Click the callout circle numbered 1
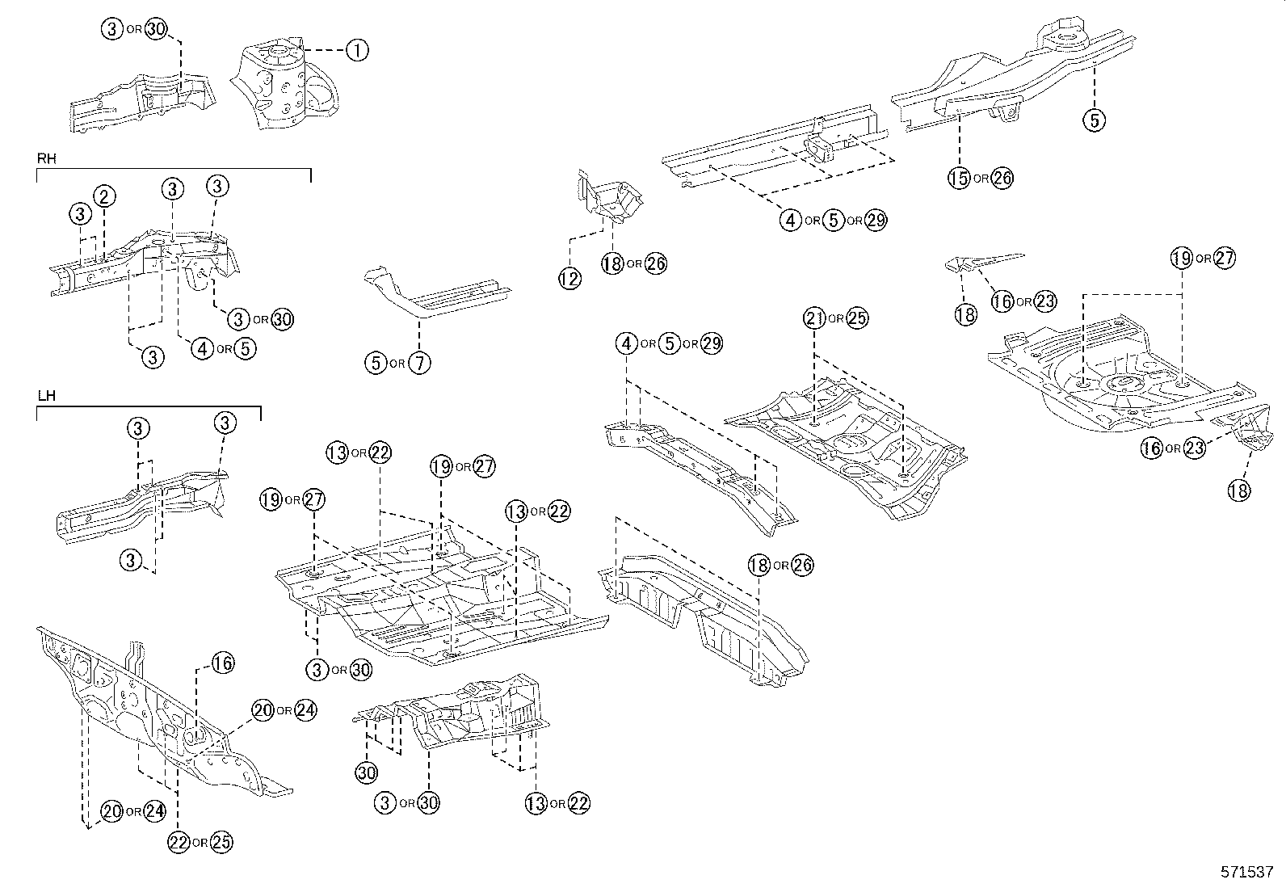[x=356, y=50]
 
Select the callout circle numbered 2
[x=104, y=196]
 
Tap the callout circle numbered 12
[x=569, y=279]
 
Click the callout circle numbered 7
[x=419, y=363]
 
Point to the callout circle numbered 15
[x=959, y=179]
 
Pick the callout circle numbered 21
[x=814, y=318]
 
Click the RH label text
[x=46, y=159]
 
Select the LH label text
[x=45, y=397]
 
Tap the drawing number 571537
[x=1246, y=873]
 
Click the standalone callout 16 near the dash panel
[x=223, y=663]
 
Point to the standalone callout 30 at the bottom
[x=366, y=772]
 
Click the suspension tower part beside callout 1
[x=283, y=85]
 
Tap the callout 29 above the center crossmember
[x=712, y=343]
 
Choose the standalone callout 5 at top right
[x=1094, y=120]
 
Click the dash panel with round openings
[x=145, y=711]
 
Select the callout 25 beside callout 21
[x=857, y=318]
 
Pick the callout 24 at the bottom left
[x=154, y=811]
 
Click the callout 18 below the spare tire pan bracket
[x=1239, y=490]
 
